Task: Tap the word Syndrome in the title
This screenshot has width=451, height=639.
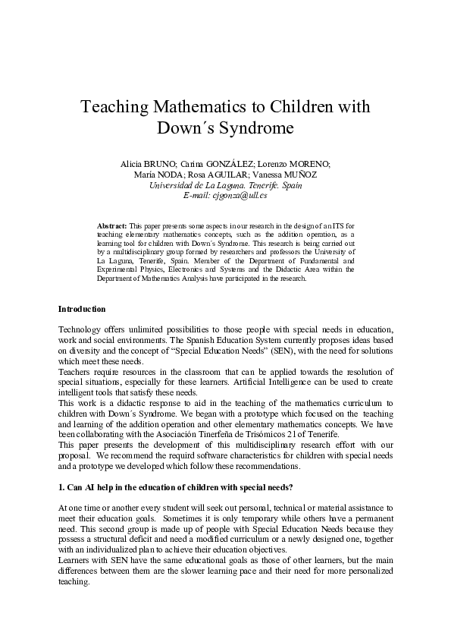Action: click(x=257, y=127)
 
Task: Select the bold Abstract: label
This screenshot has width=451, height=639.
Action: click(x=112, y=226)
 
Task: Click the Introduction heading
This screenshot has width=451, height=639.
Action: click(x=82, y=309)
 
